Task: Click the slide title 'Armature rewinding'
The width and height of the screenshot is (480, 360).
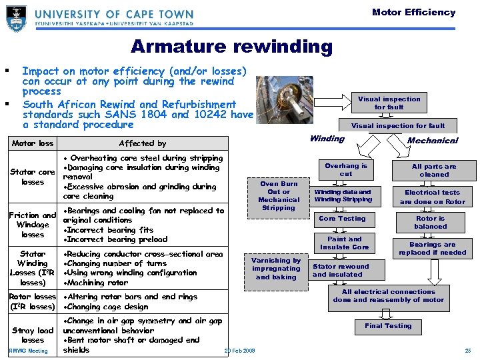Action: pos(231,47)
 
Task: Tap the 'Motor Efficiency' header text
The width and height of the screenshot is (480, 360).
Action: pos(413,12)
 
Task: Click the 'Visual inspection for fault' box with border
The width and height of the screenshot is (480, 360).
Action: pos(389,103)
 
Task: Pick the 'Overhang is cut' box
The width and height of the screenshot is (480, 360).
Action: pos(346,169)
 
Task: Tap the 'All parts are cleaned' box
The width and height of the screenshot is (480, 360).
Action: pos(434,170)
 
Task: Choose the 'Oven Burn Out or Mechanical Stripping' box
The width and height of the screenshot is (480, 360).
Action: pos(279,195)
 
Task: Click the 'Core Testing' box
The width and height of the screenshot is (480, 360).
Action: pos(342,218)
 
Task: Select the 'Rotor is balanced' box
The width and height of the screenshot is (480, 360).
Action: pos(430,222)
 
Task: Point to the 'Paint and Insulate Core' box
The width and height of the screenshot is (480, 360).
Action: pos(344,243)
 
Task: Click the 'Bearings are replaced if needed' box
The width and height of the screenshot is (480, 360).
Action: pos(432,248)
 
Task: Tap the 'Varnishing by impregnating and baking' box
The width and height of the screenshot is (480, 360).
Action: pos(276,269)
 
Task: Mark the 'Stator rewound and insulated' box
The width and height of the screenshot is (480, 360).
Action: pos(341,270)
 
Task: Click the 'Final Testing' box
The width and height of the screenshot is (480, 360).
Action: pos(388,326)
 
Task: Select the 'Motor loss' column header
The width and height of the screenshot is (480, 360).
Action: pos(33,143)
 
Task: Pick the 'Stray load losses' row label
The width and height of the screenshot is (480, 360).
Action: pos(33,335)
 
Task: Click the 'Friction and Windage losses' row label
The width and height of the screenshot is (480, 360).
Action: pos(32,225)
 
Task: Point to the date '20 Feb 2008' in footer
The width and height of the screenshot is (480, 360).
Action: pos(239,351)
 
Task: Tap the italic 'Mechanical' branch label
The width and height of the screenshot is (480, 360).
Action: pos(432,140)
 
